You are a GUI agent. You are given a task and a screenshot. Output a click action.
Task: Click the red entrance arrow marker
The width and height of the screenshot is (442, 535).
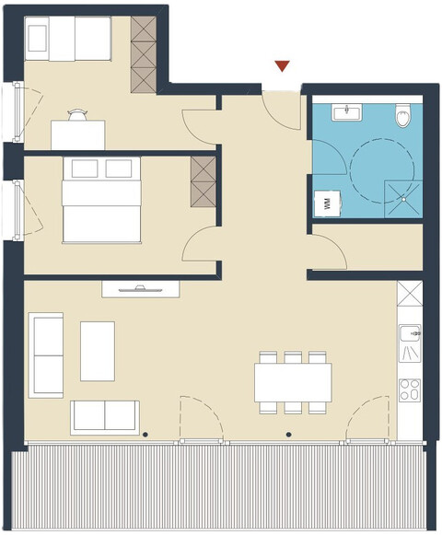click(282, 65)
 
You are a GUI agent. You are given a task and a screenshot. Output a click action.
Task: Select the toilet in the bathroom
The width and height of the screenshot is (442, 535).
click(402, 116)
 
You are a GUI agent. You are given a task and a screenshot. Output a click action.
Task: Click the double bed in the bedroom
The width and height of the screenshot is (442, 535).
click(101, 199)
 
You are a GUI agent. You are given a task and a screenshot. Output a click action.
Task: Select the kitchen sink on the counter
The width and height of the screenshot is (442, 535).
click(409, 346)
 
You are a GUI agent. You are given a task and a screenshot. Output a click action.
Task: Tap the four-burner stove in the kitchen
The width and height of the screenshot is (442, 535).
click(409, 389)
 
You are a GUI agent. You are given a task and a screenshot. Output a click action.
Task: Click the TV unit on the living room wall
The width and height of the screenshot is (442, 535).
click(140, 289)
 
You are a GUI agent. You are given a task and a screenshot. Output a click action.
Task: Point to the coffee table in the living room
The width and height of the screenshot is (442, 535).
click(97, 350)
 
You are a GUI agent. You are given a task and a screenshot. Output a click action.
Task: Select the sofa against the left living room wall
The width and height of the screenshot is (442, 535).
click(46, 355)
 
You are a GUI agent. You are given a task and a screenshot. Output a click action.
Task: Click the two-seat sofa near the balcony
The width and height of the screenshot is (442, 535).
click(105, 416)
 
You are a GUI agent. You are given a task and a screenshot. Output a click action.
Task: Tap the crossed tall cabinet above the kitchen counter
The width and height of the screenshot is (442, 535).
click(409, 297)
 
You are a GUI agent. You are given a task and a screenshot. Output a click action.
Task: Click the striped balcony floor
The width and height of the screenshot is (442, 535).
click(221, 488)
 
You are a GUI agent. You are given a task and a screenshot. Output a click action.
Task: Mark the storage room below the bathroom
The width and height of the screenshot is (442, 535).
click(368, 246)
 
